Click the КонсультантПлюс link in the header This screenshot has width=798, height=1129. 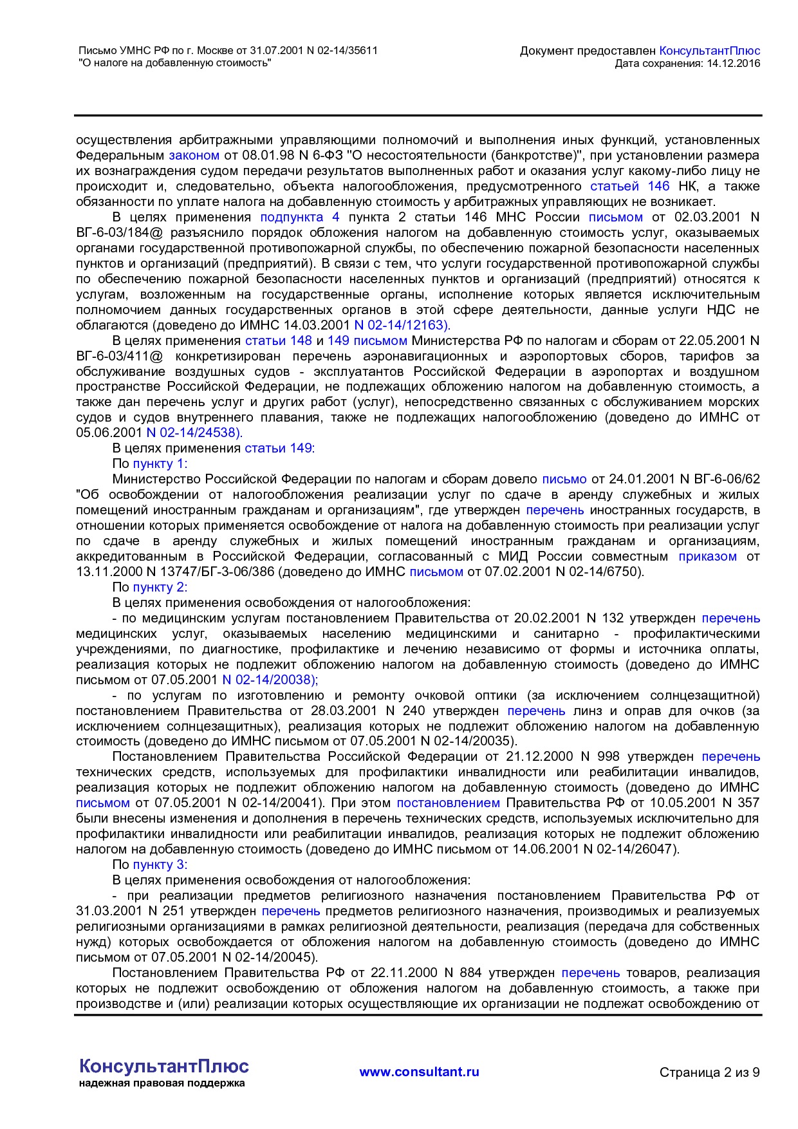710,51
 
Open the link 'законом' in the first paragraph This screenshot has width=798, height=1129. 194,155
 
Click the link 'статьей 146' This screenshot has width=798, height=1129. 629,186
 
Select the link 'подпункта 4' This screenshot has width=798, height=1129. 299,217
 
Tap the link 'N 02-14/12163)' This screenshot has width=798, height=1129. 402,325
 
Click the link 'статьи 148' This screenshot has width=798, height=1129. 278,341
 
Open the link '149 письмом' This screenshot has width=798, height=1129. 367,341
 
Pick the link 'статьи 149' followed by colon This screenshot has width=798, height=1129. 278,449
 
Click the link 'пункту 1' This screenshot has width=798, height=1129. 158,464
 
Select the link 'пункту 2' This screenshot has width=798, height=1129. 158,587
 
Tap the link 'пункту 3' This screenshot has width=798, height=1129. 158,864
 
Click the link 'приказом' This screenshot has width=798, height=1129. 707,556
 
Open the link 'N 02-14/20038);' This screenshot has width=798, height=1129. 270,680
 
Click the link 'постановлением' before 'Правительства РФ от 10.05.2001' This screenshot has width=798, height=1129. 448,803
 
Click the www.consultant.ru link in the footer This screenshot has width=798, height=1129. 419,1072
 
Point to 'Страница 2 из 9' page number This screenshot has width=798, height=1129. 709,1072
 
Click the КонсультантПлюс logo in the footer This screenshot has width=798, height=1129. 163,1067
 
